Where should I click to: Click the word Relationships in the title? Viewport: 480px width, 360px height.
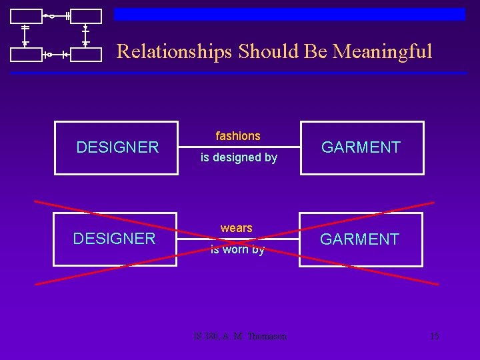(175, 51)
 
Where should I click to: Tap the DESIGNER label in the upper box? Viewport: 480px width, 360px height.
(117, 147)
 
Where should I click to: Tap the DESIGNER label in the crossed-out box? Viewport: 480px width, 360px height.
(114, 239)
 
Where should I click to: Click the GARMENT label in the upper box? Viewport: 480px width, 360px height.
(361, 147)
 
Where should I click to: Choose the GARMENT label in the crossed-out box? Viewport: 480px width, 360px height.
(359, 239)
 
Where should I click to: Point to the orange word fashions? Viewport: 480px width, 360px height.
(238, 136)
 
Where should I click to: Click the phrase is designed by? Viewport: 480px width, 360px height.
(239, 158)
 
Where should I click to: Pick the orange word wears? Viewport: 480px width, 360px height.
(237, 228)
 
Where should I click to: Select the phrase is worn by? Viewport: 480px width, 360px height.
(237, 250)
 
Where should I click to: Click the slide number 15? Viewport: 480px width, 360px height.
(434, 336)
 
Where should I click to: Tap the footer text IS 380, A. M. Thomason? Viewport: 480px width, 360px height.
(240, 336)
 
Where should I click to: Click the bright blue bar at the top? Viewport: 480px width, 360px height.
(289, 14)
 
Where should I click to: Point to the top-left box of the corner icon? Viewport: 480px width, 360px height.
(25, 16)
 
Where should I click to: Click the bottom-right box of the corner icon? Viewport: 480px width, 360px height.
(86, 54)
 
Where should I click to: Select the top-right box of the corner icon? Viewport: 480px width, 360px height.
(86, 16)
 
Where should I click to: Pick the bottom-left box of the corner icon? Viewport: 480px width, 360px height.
(25, 54)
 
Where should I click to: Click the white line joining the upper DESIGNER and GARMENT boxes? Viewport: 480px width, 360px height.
(239, 147)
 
